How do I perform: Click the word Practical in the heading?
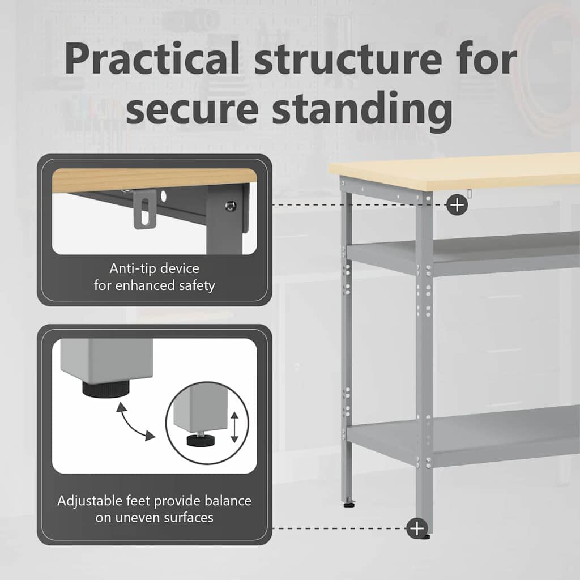152,58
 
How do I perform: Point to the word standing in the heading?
362,110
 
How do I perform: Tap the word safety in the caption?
197,286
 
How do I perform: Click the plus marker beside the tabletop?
457,205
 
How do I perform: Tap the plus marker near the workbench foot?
417,528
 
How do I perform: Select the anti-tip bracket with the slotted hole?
144,209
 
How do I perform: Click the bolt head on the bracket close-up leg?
231,206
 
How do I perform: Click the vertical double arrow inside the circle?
234,427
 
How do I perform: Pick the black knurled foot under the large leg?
106,390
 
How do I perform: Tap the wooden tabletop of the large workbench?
455,172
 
